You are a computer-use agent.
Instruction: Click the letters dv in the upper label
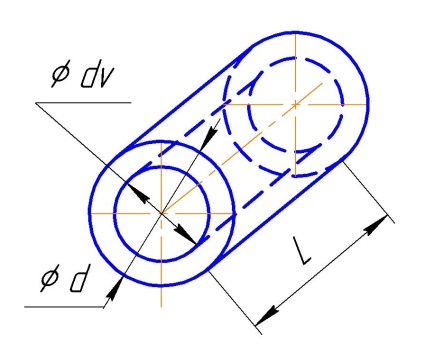point(96,78)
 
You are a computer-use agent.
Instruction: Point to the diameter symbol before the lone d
point(51,279)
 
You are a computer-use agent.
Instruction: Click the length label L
point(301,251)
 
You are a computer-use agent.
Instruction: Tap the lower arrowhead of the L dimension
point(267,316)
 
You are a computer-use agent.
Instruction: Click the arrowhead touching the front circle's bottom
point(114,287)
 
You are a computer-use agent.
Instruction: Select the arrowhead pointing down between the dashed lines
point(211,136)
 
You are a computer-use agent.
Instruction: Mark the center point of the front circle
point(161,213)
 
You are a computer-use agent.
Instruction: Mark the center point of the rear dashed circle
point(295,104)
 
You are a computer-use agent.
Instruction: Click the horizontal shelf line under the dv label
point(83,103)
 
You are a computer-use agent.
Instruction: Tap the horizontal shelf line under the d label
point(64,307)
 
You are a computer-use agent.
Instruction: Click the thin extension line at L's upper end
point(368,193)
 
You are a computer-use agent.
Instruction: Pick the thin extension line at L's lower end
point(235,303)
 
